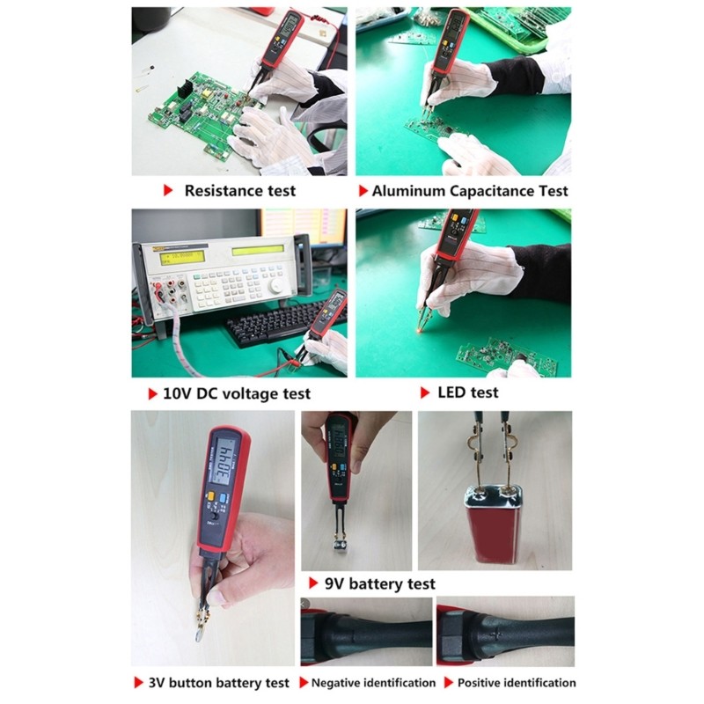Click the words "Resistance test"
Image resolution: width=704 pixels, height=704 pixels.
click(239, 190)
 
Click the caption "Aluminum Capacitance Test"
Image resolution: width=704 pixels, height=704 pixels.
click(470, 190)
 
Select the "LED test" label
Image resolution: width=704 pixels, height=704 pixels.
click(467, 392)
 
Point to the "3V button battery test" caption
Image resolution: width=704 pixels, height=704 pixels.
click(219, 682)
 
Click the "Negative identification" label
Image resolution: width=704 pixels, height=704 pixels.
click(373, 682)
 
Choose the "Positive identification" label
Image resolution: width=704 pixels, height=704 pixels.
click(516, 682)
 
